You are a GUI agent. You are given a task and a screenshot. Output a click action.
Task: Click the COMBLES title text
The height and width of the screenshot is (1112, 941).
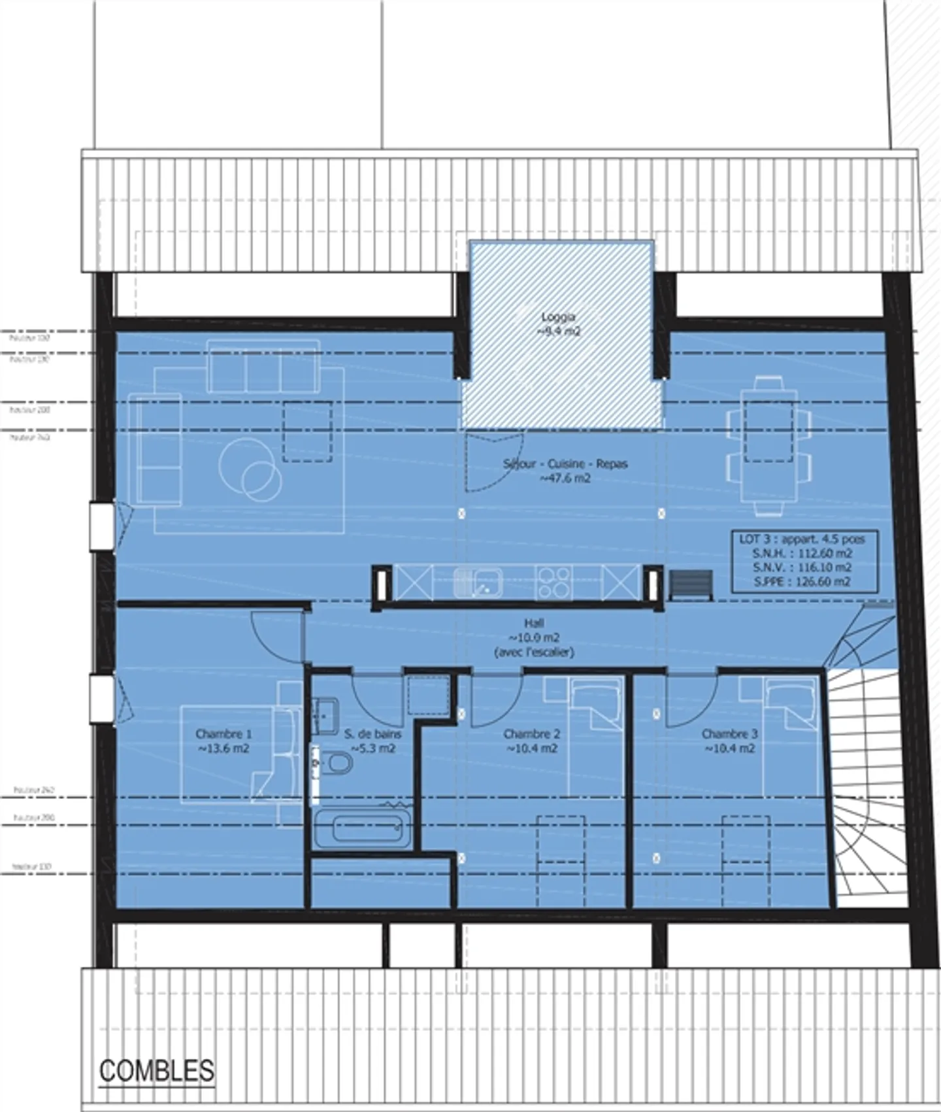[157, 1071]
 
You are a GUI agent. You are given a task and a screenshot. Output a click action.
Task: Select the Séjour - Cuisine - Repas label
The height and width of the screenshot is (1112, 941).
[565, 471]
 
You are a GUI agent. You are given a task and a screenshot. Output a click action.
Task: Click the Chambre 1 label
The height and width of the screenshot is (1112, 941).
[223, 741]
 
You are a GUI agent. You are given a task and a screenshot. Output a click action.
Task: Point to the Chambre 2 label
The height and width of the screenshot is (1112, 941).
[531, 741]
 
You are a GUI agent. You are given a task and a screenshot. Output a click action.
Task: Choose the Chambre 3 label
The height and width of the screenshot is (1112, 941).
[729, 741]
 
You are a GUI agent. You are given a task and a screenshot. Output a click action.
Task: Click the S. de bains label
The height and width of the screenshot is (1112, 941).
[372, 741]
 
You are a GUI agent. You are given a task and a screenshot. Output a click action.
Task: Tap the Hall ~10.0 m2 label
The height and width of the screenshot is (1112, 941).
[534, 637]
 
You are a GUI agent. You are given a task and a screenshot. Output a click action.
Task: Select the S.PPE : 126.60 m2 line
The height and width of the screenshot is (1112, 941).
[802, 581]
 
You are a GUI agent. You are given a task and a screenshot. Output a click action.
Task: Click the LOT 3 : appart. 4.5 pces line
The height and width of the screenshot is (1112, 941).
[802, 539]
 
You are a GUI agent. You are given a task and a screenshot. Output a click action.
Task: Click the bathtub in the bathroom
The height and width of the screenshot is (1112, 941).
[363, 829]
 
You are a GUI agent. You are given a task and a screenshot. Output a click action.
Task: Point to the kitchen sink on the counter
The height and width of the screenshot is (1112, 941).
[478, 582]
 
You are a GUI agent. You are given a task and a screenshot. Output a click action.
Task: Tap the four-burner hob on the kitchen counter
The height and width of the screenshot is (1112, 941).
[553, 582]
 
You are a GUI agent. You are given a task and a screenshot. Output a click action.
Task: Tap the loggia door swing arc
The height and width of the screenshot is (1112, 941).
[489, 464]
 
